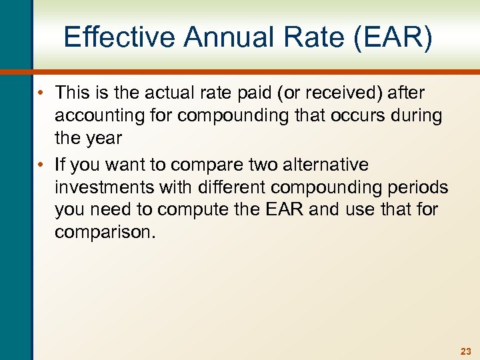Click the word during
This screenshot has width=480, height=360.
416,115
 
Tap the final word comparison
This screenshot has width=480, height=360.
106,232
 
